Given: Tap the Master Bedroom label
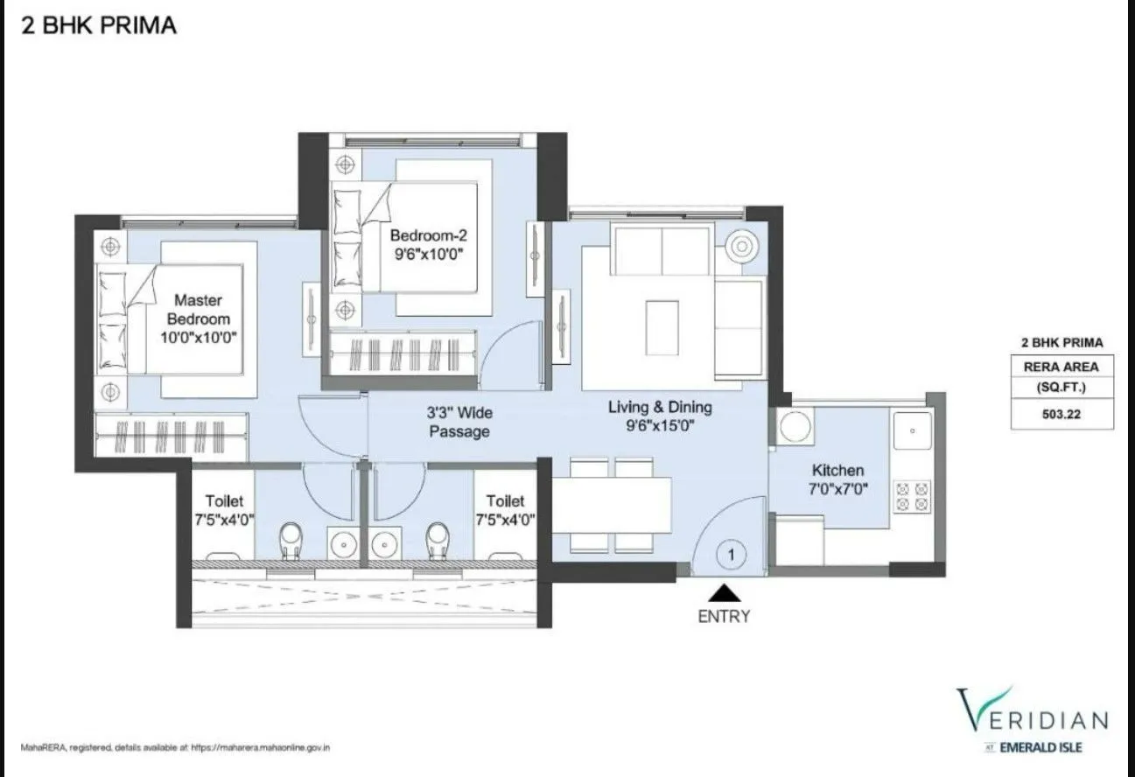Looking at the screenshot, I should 198,310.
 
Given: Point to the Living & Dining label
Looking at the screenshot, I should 660,407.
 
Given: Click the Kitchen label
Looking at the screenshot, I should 837,470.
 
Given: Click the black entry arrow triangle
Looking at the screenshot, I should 723,594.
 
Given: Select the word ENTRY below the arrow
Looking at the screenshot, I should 723,616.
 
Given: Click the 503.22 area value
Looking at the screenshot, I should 1061,416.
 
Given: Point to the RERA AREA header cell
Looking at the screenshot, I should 1061,367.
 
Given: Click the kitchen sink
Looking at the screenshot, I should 912,430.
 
